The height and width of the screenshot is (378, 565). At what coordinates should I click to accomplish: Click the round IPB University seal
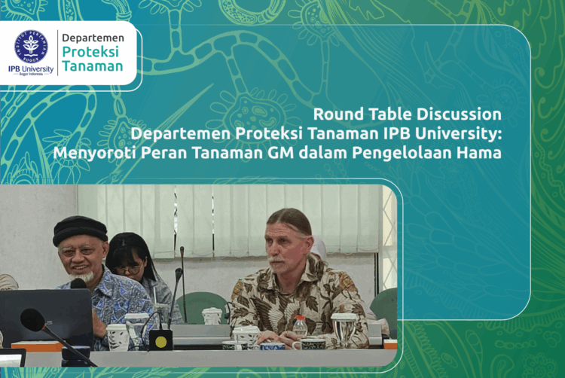tap(31, 46)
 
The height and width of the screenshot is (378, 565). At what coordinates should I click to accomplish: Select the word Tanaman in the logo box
tap(92, 66)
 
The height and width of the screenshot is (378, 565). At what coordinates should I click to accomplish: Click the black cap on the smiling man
tap(80, 228)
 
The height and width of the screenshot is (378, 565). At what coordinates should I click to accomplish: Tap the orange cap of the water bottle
tap(300, 319)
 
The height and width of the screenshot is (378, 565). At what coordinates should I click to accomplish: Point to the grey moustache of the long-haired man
tap(276, 261)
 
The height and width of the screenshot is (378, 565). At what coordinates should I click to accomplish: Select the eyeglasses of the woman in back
tap(126, 267)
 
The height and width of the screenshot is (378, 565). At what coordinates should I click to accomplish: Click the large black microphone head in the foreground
tap(32, 320)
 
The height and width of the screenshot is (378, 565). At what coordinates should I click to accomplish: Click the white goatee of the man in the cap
tap(90, 277)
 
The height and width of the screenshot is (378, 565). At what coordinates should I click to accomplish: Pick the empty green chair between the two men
tap(200, 305)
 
